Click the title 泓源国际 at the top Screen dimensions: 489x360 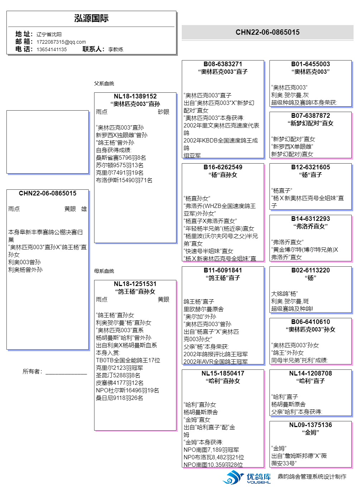pyautogui.click(x=91, y=19)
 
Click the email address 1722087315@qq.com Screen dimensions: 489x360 pyautogui.click(x=61, y=42)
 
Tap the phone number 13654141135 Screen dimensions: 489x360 pyautogui.click(x=52, y=49)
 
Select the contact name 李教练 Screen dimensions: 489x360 pyautogui.click(x=116, y=49)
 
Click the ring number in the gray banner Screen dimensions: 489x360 pyautogui.click(x=267, y=32)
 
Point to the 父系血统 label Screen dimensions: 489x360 pyautogui.click(x=104, y=83)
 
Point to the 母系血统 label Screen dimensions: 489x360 pyautogui.click(x=104, y=271)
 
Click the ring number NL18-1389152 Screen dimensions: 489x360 pyautogui.click(x=135, y=96)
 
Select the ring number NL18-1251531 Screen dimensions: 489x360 pyautogui.click(x=135, y=284)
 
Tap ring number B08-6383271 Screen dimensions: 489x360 pyautogui.click(x=223, y=64)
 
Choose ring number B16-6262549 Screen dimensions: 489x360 pyautogui.click(x=223, y=167)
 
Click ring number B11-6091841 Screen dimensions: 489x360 pyautogui.click(x=223, y=270)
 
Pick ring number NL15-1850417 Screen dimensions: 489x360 pyautogui.click(x=223, y=373)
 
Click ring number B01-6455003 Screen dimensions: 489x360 pyautogui.click(x=310, y=64)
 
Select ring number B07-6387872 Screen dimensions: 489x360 pyautogui.click(x=310, y=116)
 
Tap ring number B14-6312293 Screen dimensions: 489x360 pyautogui.click(x=310, y=219)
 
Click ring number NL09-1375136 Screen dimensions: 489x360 pyautogui.click(x=310, y=425)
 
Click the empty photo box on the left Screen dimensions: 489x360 pyautogui.click(x=47, y=142)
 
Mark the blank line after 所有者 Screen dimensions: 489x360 pyautogui.click(x=66, y=372)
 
